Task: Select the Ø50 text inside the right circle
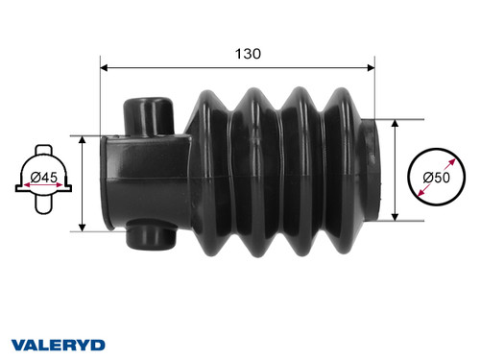437,177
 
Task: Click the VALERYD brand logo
58,343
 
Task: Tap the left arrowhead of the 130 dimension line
107,67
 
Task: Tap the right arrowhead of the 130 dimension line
369,67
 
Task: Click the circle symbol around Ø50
437,177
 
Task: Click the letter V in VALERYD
18,343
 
